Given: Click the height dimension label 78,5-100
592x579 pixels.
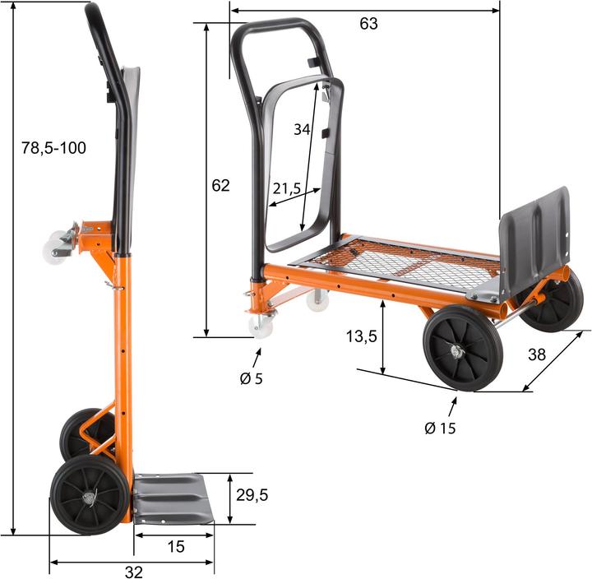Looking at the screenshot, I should click(53, 148).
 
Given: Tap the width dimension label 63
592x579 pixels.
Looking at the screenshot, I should click(368, 24).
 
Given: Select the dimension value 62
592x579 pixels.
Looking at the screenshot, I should click(220, 185).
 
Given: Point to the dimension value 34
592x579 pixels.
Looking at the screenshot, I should click(302, 129).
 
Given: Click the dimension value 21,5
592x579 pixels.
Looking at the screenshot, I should click(286, 188).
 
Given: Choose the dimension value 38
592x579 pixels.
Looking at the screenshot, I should click(536, 354).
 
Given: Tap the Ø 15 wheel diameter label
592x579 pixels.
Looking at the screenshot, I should click(440, 428).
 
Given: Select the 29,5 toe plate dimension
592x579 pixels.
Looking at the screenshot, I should click(252, 494).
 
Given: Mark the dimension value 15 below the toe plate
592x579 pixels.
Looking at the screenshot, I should click(175, 546).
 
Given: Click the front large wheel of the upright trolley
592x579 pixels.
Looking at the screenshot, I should click(89, 494).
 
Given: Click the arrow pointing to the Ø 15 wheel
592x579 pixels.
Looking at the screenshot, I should click(452, 407).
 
